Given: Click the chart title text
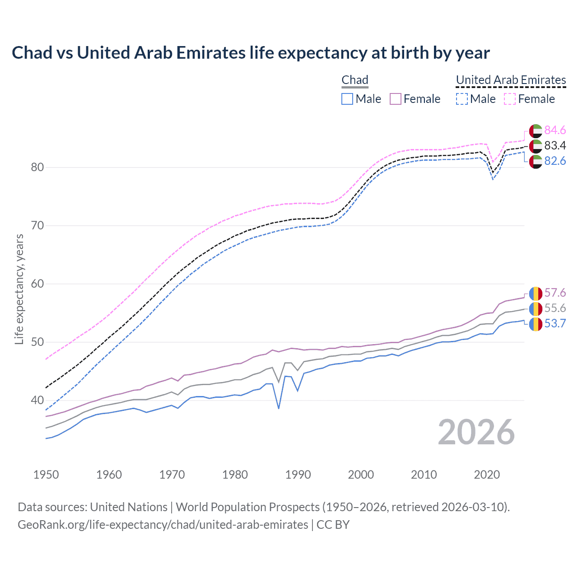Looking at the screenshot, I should [251, 53].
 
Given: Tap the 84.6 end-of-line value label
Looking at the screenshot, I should [555, 131].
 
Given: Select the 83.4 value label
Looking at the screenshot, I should [555, 146].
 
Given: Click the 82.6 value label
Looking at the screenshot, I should [555, 161].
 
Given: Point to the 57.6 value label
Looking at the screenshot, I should [555, 293].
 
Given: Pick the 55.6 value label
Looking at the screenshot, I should [555, 308].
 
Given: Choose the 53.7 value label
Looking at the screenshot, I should [555, 324].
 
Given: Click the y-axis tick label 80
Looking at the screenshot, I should [37, 168].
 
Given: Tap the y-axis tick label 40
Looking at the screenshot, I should [37, 401].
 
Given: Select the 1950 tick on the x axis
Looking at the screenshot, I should [46, 475].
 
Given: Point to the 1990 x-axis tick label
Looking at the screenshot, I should [298, 475].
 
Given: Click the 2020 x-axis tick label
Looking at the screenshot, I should [487, 475].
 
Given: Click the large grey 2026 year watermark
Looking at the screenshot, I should [476, 433].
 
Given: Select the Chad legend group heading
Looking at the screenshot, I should [355, 80].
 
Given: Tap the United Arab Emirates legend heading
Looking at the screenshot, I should [511, 80].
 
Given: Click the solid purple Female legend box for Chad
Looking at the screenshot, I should [396, 99].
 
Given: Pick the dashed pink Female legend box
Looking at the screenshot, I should [510, 99].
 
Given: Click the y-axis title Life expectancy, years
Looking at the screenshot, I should [19, 289].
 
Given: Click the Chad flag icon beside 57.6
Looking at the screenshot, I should [536, 294].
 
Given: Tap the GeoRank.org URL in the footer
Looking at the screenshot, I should [163, 525].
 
